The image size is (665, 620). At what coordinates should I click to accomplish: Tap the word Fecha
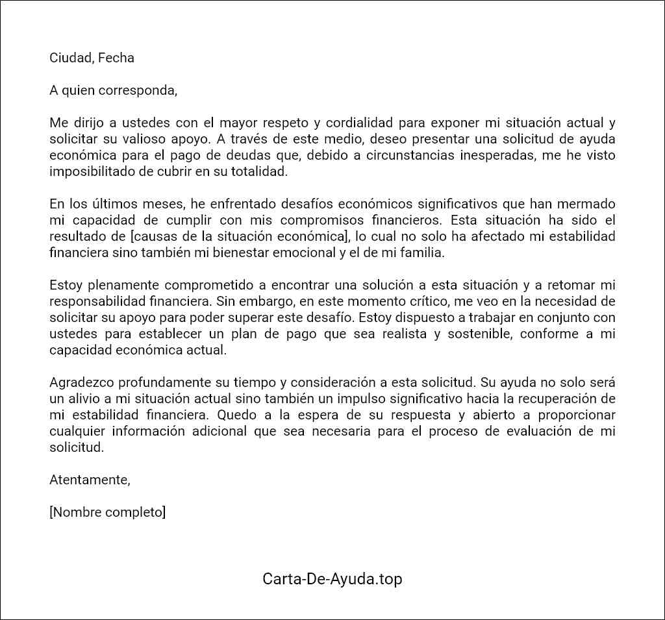pos(116,58)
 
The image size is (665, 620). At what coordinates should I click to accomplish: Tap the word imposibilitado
pos(90,171)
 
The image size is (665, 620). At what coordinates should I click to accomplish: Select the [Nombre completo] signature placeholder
pos(108,512)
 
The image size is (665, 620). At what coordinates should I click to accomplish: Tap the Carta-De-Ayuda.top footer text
pos(332,578)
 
